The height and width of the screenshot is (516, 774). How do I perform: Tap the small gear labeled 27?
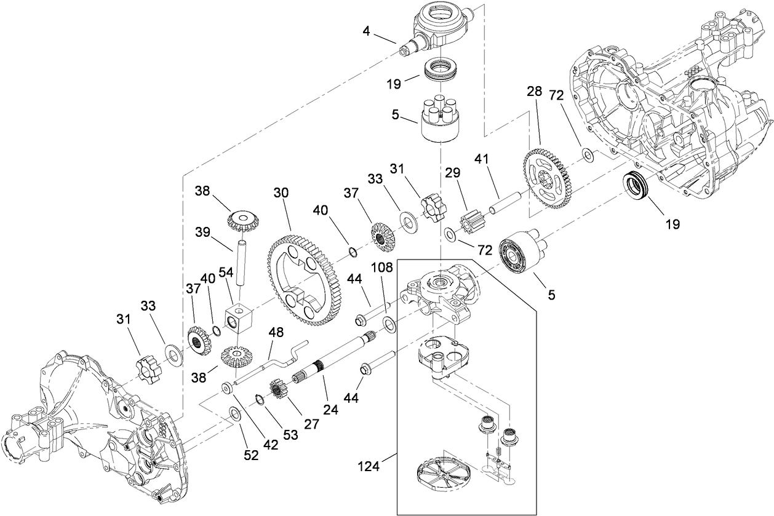click(281, 391)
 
